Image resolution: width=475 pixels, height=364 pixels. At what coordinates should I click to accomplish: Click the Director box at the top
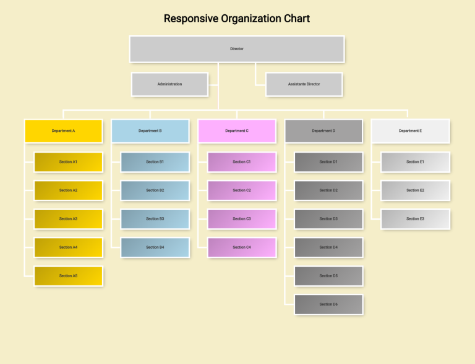[237, 49]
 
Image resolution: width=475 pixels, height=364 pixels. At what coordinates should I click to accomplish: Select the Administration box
[169, 84]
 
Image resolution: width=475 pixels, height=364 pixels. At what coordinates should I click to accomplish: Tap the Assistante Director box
[304, 84]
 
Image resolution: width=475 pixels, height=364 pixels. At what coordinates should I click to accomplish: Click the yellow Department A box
[64, 131]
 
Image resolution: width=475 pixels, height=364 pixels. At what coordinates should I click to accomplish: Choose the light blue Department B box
[150, 131]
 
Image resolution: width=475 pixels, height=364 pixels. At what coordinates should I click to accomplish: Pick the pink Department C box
[237, 131]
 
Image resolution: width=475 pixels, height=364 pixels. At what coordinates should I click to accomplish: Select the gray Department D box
[323, 131]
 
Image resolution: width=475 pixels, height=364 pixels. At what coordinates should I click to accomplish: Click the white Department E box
[410, 131]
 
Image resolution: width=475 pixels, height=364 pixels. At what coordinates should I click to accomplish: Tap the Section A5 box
[68, 276]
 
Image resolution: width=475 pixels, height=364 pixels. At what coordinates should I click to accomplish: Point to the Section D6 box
[328, 305]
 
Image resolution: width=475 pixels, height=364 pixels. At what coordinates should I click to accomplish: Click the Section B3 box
[155, 219]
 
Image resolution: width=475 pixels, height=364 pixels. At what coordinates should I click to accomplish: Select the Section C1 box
[242, 162]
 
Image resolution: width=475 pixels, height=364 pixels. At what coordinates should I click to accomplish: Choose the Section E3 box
[415, 219]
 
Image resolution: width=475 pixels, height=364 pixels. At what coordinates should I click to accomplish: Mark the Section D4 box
[328, 248]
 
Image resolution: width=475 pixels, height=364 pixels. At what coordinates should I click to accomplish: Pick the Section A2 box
[68, 191]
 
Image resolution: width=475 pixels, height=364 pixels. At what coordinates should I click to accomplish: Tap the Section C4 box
[242, 248]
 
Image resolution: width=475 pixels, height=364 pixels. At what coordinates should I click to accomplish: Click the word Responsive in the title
[190, 19]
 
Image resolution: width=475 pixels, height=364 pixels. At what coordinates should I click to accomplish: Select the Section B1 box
[155, 162]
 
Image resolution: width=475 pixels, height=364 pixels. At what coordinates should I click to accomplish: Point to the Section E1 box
[415, 162]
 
